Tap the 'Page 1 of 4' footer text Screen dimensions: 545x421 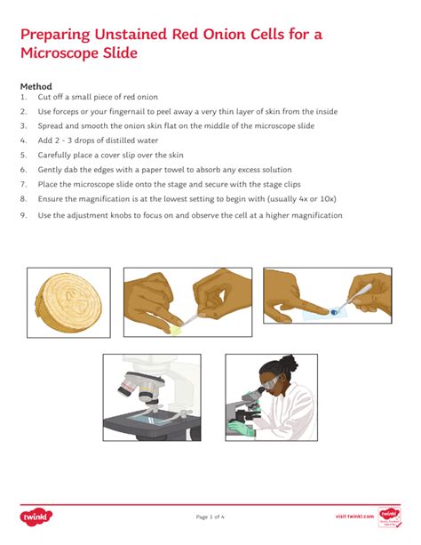pyautogui.click(x=210, y=517)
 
